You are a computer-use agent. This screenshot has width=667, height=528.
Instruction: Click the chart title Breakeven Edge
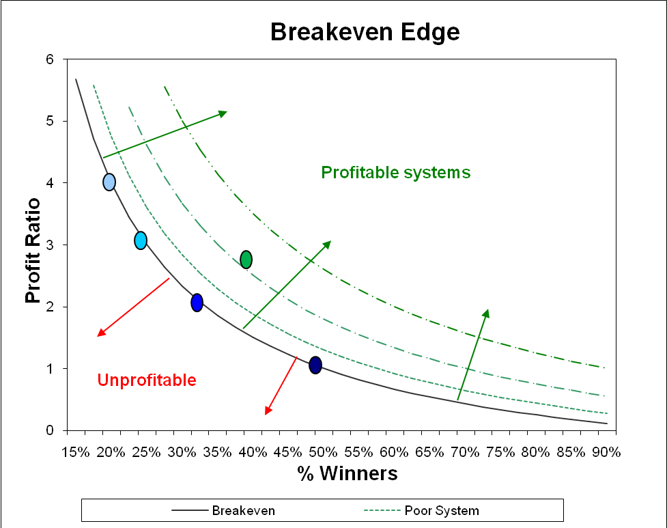(365, 32)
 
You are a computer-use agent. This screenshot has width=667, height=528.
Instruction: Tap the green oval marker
(246, 260)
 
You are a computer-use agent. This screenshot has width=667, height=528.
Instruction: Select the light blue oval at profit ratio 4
(109, 182)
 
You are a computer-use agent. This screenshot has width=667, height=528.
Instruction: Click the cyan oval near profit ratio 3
(141, 240)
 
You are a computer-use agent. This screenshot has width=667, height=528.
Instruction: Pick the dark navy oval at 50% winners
(315, 365)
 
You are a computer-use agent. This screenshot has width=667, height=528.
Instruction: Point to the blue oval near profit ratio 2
(197, 302)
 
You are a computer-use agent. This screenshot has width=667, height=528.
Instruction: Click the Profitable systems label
(395, 173)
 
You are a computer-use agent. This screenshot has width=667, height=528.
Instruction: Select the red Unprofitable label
(147, 380)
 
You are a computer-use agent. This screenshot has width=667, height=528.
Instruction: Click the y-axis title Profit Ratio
(32, 251)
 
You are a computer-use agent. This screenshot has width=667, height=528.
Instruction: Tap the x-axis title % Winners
(347, 473)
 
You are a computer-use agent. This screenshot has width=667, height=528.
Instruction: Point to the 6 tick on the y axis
(50, 59)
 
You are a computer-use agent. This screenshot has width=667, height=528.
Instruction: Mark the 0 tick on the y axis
(50, 430)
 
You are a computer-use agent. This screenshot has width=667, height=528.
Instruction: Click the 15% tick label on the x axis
(74, 451)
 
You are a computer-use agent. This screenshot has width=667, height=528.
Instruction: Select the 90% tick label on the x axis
(606, 451)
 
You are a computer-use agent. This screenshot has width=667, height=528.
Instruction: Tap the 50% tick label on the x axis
(323, 451)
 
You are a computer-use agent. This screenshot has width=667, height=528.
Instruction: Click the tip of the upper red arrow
(99, 335)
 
